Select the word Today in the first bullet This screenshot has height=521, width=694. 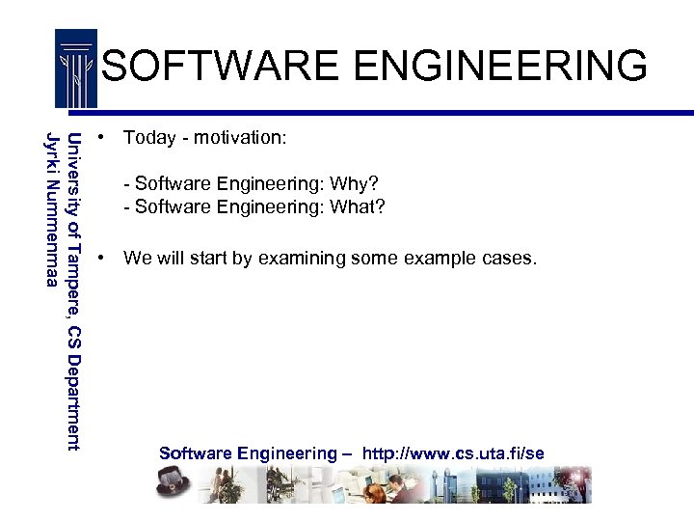tap(149, 138)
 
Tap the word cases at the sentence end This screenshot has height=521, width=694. tap(507, 259)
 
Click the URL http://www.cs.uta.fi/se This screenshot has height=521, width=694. tap(453, 453)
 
